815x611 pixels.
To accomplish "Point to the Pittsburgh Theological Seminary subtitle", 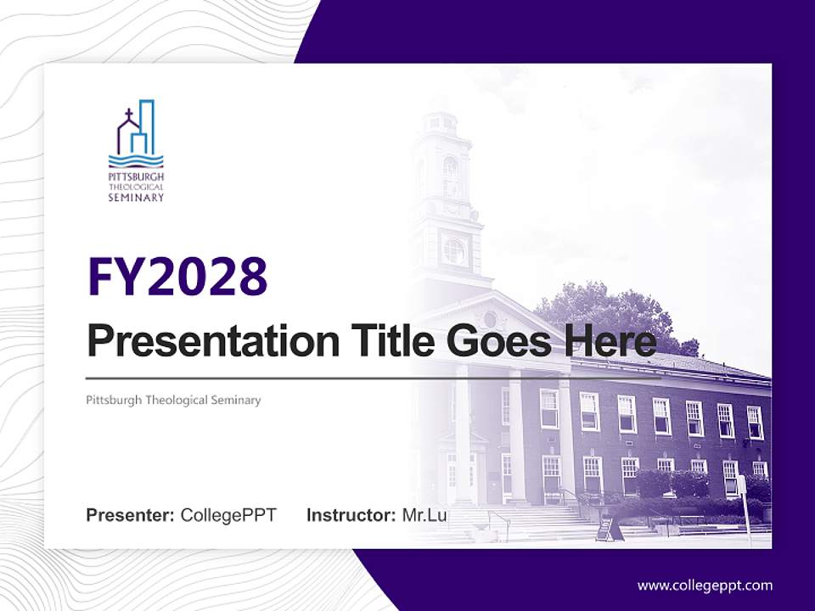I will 173,400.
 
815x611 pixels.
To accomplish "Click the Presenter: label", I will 130,515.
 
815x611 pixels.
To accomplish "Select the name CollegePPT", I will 228,515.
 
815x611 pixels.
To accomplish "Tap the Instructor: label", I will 351,515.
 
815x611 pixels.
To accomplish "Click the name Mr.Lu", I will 424,515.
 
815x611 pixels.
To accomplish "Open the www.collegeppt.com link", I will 705,586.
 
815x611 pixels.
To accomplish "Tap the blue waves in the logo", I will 136,161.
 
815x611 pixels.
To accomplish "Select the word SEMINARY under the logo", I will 136,198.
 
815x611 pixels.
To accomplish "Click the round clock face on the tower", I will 454,250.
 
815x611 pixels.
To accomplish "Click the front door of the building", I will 464,475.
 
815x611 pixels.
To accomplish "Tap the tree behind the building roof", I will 611,314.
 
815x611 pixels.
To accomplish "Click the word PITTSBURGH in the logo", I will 136,177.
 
